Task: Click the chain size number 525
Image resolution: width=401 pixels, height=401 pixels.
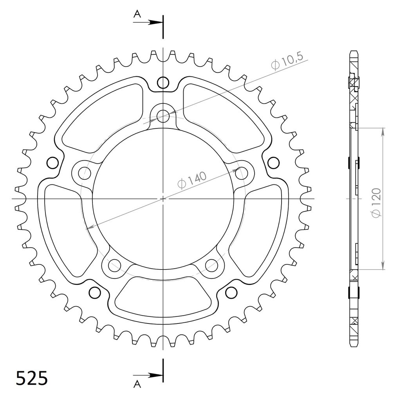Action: tap(32, 378)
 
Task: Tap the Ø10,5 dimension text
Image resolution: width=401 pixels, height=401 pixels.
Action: tap(287, 61)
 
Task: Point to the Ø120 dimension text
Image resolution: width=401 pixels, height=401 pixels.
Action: tap(376, 203)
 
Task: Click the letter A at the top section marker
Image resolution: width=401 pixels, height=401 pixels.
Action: tap(137, 14)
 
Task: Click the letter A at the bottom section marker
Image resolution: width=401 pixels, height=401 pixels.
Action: tap(137, 384)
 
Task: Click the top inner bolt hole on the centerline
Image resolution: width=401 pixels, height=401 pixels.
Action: tap(163, 116)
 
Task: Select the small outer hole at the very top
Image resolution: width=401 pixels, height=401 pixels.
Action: tap(163, 83)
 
